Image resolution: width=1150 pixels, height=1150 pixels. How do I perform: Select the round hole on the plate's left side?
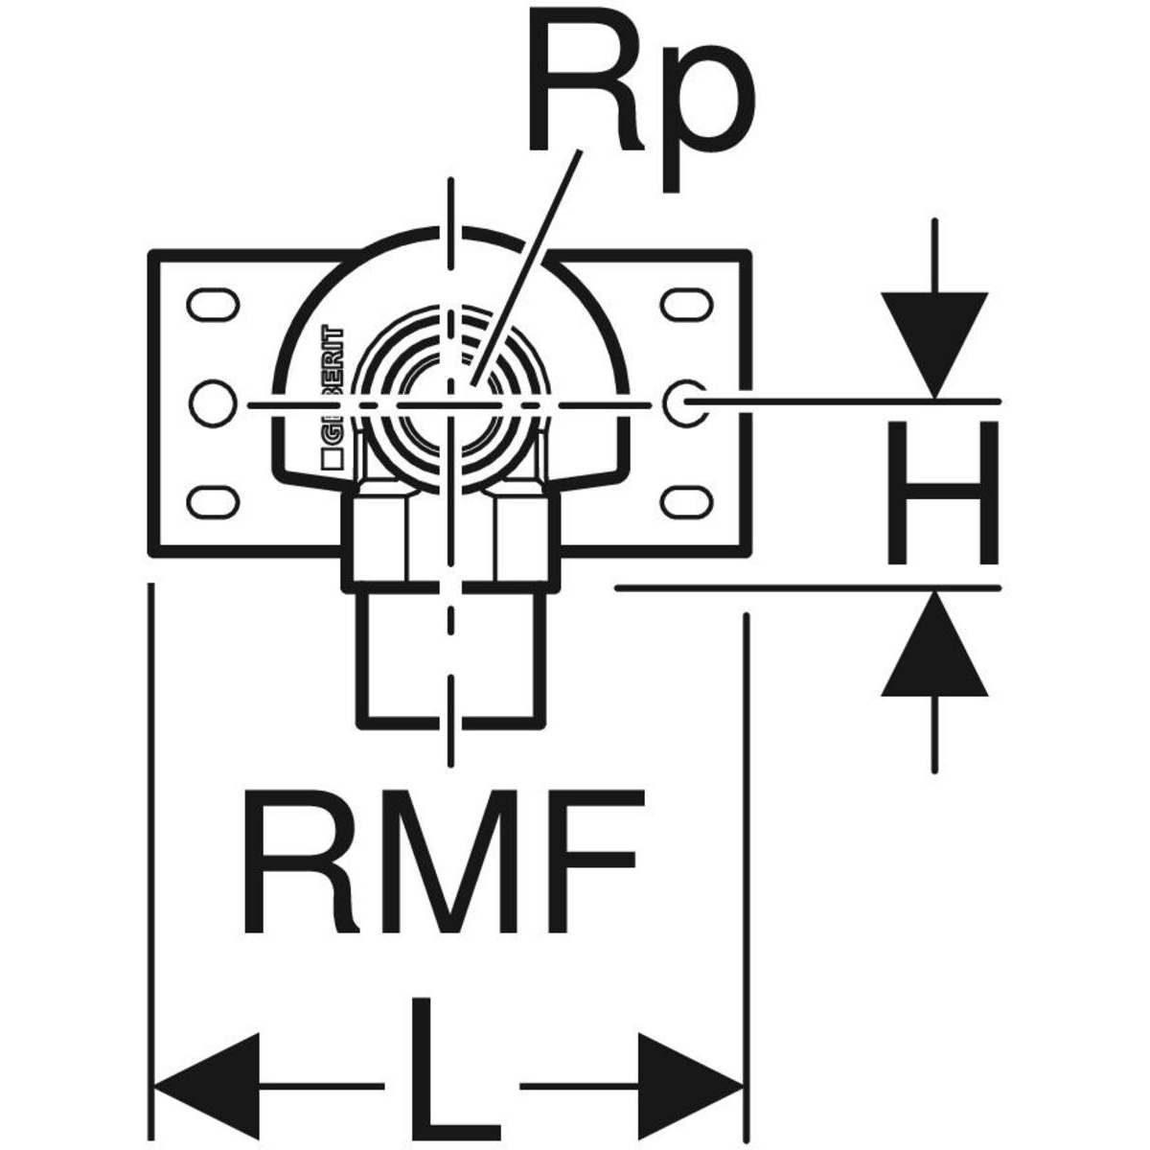coord(212,402)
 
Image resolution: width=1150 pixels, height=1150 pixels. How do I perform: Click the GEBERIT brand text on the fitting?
coord(332,388)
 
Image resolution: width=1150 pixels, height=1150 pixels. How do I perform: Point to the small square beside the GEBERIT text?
coord(332,459)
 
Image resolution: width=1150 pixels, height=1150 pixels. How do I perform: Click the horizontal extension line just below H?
coord(805,587)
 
